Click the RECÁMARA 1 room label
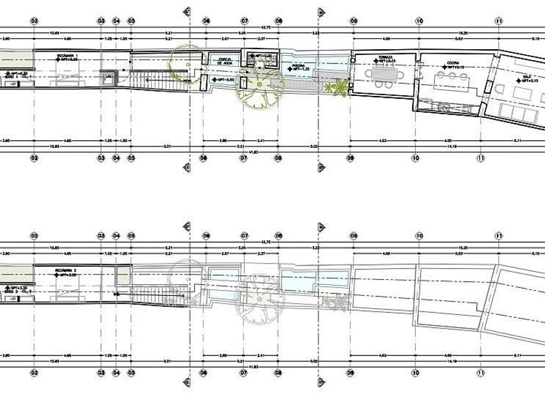(x=67, y=56)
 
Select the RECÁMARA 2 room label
(x=67, y=269)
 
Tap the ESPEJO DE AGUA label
(x=224, y=61)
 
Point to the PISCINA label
(x=299, y=65)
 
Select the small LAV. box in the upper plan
(x=108, y=78)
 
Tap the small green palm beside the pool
(x=336, y=87)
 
